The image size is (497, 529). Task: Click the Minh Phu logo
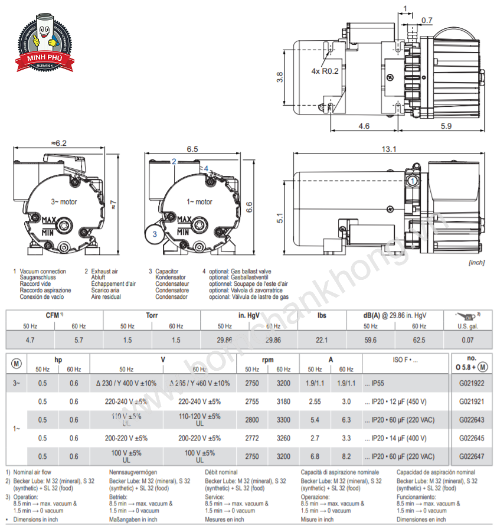[x=44, y=41]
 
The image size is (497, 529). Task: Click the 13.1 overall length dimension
[x=389, y=149]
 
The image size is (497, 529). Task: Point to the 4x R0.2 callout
[x=325, y=71]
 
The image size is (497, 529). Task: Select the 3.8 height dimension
[x=280, y=77]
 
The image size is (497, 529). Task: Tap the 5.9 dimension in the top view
[x=446, y=126]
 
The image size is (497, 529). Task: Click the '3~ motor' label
[x=64, y=202]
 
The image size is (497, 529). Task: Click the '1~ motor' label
[x=200, y=202]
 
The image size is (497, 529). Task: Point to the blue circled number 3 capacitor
[x=155, y=234]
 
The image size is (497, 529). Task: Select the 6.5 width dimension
[x=192, y=149]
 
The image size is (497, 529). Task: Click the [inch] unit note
[x=476, y=262]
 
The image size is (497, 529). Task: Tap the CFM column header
[x=54, y=316]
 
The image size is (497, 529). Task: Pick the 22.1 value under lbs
[x=322, y=340]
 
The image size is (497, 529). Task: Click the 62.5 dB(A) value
[x=419, y=340]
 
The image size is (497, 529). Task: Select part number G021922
[x=471, y=383]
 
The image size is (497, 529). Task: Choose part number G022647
[x=471, y=456]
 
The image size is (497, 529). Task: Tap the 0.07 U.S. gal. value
[x=467, y=340]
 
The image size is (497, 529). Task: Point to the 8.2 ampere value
[x=346, y=456]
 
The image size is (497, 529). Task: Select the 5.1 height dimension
[x=280, y=218]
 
